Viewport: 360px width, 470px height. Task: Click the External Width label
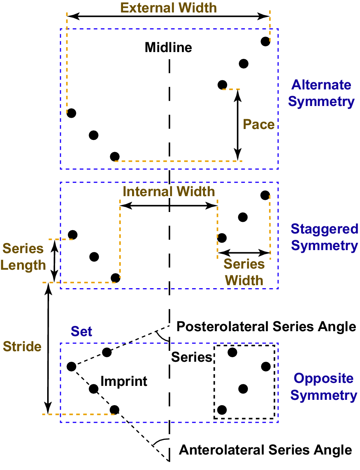[x=168, y=8]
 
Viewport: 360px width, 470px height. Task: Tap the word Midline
[x=168, y=48]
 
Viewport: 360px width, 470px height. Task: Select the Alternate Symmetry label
[x=321, y=93]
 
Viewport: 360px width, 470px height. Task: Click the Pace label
[x=258, y=124]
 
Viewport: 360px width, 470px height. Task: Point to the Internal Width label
[x=169, y=192]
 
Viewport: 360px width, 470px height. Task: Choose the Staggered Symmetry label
[x=324, y=237]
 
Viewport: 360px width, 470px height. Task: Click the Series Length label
[x=23, y=257]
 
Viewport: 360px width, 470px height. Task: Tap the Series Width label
[x=244, y=272]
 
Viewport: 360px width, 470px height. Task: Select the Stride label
[x=22, y=347]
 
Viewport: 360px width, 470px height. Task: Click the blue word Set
[x=82, y=332]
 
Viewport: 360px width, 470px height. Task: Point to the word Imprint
[x=124, y=381]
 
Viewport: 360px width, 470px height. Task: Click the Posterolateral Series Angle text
[x=266, y=327]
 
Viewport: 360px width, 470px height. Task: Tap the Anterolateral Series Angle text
[x=265, y=450]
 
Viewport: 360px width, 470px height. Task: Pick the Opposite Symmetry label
[x=323, y=387]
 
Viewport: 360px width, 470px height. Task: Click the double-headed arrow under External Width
[x=168, y=16]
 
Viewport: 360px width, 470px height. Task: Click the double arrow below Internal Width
[x=169, y=206]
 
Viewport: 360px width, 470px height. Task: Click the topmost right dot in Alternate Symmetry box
[x=265, y=41]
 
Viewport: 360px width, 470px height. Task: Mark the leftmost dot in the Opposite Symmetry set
[x=71, y=366]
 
